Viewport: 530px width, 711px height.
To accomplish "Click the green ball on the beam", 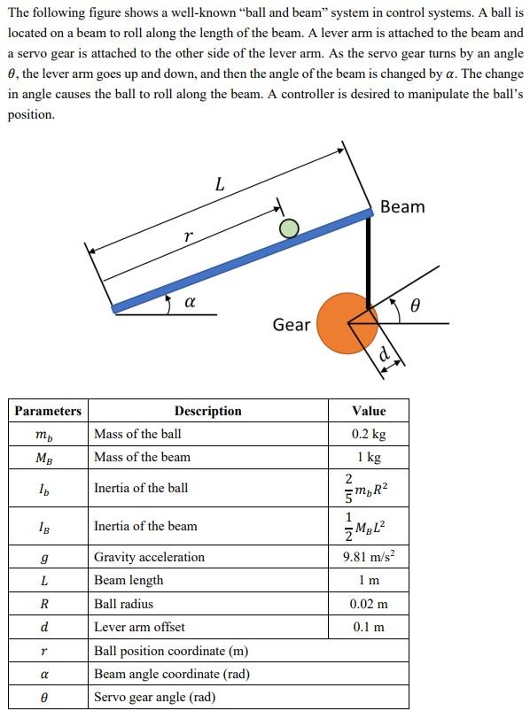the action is pyautogui.click(x=288, y=229).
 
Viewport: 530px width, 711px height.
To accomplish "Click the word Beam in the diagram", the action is pyautogui.click(x=401, y=206).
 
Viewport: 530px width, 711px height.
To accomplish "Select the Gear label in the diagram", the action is pyautogui.click(x=292, y=325).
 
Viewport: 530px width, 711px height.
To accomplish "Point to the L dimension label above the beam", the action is pyautogui.click(x=220, y=185).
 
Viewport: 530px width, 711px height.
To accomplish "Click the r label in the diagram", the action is pyautogui.click(x=187, y=236).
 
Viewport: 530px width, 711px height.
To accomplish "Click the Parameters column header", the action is pyautogui.click(x=48, y=411).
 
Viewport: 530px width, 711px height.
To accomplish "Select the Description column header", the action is pyautogui.click(x=207, y=411).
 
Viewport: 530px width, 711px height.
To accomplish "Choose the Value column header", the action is pyautogui.click(x=369, y=411).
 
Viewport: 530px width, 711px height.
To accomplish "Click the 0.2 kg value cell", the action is pyautogui.click(x=369, y=434).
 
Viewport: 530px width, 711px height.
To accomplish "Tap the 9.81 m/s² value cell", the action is pyautogui.click(x=369, y=557).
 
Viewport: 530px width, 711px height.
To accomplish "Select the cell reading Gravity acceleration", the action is pyautogui.click(x=149, y=557).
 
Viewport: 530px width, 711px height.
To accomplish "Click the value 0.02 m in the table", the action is pyautogui.click(x=369, y=604).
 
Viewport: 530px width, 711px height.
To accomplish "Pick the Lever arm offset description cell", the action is pyautogui.click(x=139, y=627).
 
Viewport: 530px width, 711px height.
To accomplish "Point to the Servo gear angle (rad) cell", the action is pyautogui.click(x=154, y=697).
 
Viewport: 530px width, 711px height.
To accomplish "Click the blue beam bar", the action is pyautogui.click(x=239, y=259).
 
